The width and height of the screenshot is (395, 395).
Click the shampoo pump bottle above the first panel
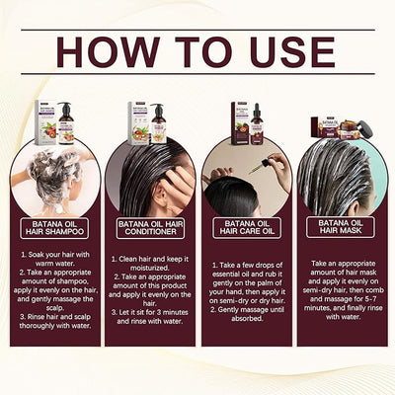(x=66, y=121)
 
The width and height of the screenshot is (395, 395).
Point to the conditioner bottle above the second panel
(x=159, y=123)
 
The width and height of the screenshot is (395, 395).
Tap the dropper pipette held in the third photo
(x=258, y=165)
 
